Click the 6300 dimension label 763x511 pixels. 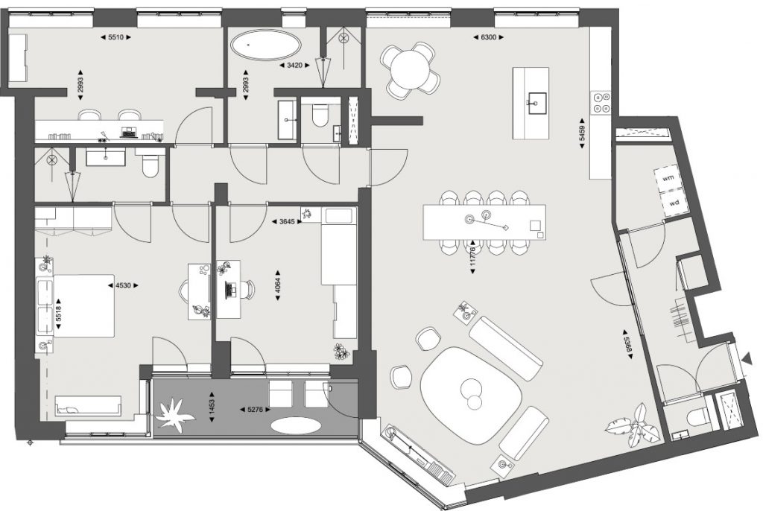(x=488, y=37)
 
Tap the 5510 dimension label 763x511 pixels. (x=115, y=37)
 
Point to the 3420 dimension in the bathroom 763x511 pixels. (x=294, y=66)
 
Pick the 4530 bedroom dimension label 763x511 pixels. (x=123, y=286)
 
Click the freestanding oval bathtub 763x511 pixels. (x=266, y=45)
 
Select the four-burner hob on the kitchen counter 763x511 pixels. (x=601, y=103)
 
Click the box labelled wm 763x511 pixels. (x=668, y=177)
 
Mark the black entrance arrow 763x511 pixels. (x=745, y=361)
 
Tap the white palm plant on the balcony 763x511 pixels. (x=173, y=413)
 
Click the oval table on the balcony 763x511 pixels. (x=296, y=426)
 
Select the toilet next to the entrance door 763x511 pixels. (x=695, y=416)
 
